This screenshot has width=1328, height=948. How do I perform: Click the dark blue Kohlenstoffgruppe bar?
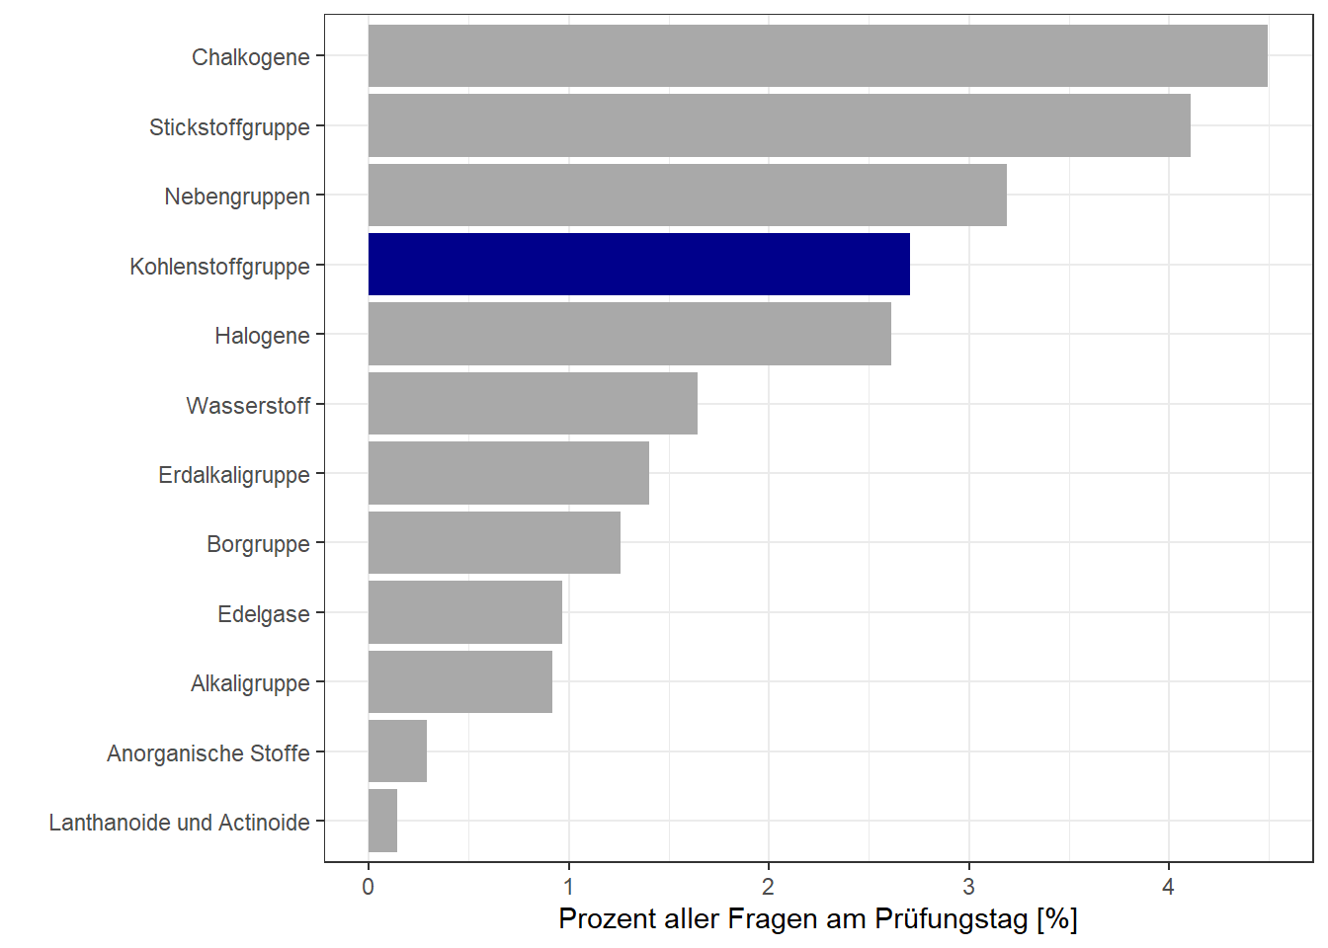point(638,265)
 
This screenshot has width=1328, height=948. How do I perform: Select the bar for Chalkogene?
point(817,56)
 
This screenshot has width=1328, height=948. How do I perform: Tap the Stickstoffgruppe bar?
point(779,125)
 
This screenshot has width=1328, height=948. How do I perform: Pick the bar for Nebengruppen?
point(687,196)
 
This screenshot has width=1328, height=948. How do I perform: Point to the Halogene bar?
point(629,335)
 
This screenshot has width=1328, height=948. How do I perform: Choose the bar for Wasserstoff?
point(533,404)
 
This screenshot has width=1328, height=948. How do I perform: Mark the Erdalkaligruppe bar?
point(508,473)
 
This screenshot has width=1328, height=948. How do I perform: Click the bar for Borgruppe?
point(494,543)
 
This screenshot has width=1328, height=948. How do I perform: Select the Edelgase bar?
point(464,612)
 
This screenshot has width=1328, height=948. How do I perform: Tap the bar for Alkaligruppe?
point(459,681)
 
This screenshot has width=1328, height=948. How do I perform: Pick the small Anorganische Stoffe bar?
point(397,751)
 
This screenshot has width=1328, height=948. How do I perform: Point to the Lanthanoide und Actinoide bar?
point(382,821)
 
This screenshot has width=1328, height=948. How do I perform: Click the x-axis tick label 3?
point(968,887)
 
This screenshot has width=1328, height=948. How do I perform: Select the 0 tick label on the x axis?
point(369,887)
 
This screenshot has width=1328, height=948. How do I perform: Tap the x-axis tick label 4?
point(1168,887)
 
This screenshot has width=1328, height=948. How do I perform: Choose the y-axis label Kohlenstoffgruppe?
point(219,267)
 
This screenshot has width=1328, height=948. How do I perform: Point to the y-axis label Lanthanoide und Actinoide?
point(179,823)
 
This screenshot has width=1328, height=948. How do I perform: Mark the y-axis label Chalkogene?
point(250,57)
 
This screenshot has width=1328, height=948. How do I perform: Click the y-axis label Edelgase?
point(263,614)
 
